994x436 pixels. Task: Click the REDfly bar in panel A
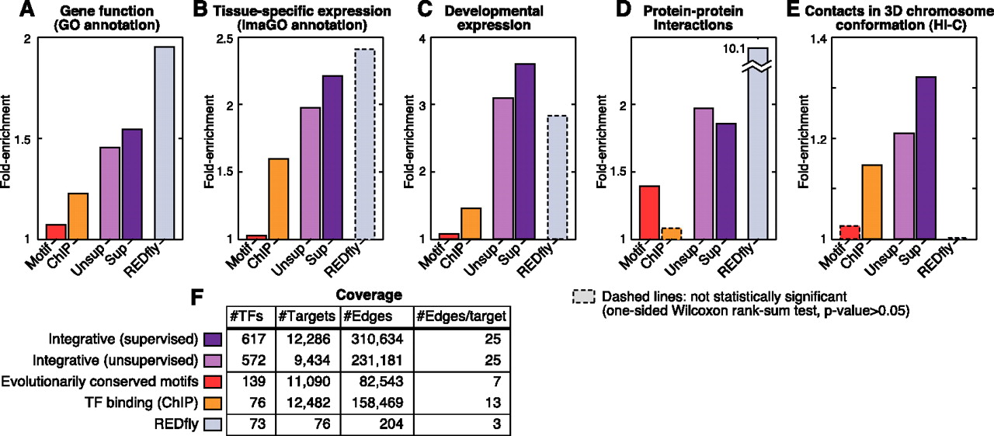[164, 142]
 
